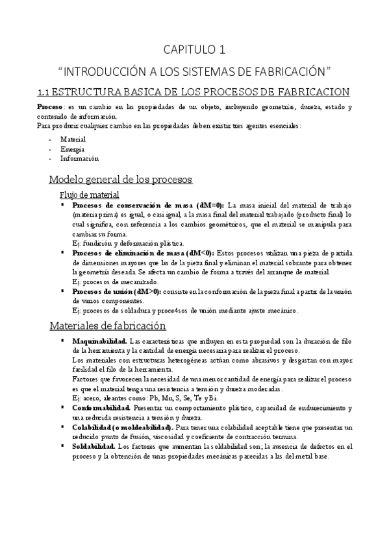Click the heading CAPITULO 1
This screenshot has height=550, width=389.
[194, 49]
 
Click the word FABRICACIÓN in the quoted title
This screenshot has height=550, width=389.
[285, 69]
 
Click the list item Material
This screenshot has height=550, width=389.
[73, 139]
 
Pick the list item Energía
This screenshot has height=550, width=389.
[72, 149]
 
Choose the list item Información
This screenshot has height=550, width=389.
[79, 158]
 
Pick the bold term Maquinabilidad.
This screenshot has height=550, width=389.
[99, 341]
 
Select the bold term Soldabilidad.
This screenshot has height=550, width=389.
[92, 447]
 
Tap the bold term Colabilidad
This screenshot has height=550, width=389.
[95, 428]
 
